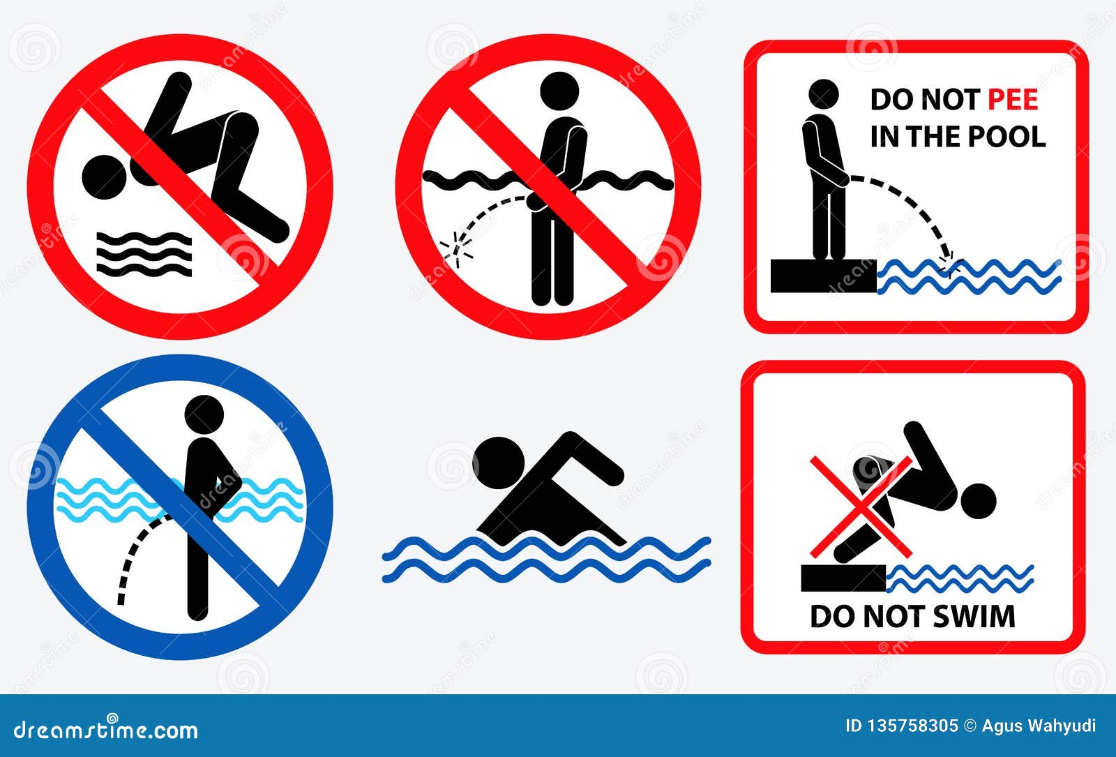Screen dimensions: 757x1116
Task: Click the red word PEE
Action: (1013, 100)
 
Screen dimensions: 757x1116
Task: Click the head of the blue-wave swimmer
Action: (498, 462)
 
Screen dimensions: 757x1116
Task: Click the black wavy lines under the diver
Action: (144, 254)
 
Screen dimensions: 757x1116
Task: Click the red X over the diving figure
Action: (861, 505)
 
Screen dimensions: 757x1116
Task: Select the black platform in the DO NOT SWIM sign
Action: (843, 578)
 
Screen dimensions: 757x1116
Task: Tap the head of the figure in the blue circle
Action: (204, 415)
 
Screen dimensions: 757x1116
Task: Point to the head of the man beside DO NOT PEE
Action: (823, 94)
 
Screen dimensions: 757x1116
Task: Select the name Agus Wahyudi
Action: (1039, 726)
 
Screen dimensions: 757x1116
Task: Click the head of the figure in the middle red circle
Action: (560, 91)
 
